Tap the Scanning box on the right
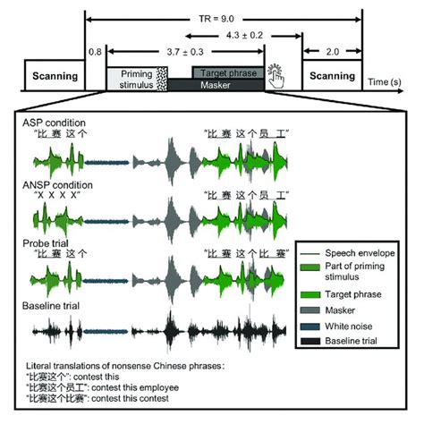333,75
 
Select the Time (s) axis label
386,82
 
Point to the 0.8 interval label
95,53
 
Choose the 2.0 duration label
333,53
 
